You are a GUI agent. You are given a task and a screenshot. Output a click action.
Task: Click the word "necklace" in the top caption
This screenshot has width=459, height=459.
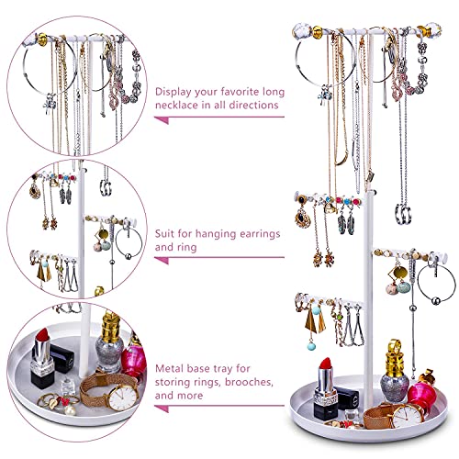(180, 106)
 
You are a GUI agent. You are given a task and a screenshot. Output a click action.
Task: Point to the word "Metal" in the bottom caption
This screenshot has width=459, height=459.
(172, 343)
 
